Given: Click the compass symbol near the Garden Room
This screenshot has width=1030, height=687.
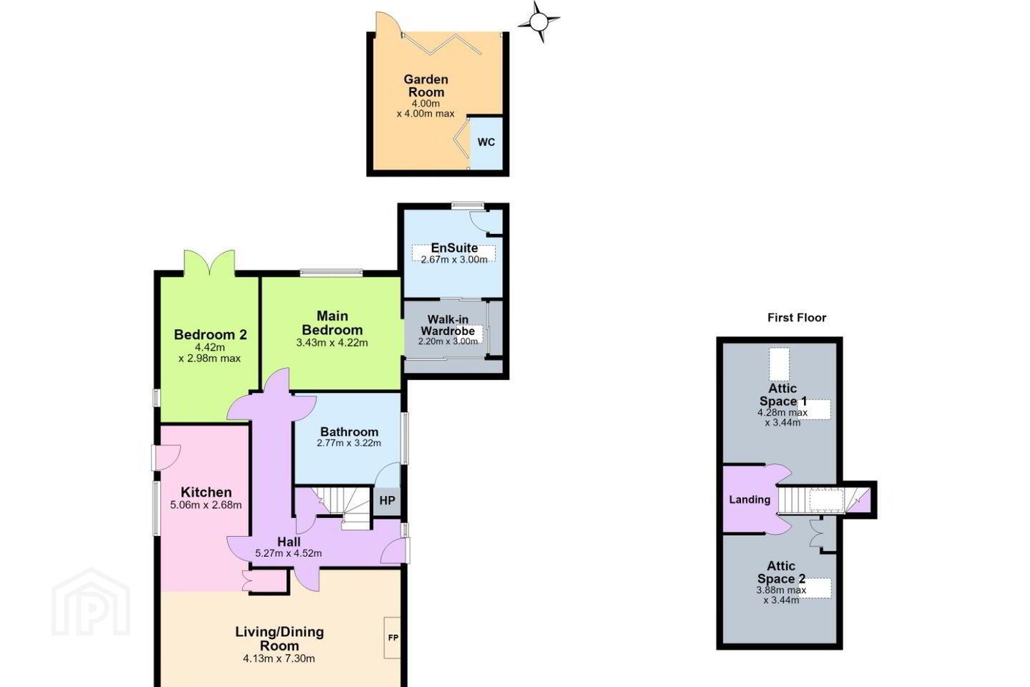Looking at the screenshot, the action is click(x=539, y=21).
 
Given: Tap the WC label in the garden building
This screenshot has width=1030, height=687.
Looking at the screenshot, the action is click(x=486, y=142).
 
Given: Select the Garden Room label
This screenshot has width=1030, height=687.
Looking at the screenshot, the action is click(x=426, y=86).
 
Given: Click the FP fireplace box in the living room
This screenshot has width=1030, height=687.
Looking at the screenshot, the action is click(x=393, y=638).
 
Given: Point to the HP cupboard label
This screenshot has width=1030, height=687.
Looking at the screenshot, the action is click(x=387, y=501).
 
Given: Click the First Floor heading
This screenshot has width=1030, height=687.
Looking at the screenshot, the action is click(x=797, y=318).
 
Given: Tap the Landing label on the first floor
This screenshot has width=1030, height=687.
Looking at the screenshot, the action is click(x=750, y=500).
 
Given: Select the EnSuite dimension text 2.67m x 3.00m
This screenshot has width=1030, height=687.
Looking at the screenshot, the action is click(x=454, y=260).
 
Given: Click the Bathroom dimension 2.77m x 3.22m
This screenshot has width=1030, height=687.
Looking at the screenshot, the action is click(x=349, y=443).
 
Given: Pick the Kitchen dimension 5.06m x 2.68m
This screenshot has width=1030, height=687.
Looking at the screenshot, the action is click(x=206, y=505).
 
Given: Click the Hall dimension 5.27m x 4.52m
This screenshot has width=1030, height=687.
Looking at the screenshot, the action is click(x=288, y=554).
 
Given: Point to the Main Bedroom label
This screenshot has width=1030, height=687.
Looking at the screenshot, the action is click(x=332, y=323).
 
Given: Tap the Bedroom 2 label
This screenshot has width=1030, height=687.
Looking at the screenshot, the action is click(x=210, y=335).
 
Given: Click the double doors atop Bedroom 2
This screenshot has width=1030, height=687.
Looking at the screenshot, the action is click(x=209, y=263).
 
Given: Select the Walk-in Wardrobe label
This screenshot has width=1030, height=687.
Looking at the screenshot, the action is click(x=448, y=326).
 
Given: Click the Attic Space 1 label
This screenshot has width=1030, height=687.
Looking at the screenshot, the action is click(x=783, y=395).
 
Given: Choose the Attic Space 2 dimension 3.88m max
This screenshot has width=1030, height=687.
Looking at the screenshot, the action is click(x=781, y=590).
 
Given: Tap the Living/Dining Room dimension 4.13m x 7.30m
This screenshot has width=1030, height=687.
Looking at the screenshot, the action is click(x=279, y=659).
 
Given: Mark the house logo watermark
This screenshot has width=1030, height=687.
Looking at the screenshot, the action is click(x=91, y=603).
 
